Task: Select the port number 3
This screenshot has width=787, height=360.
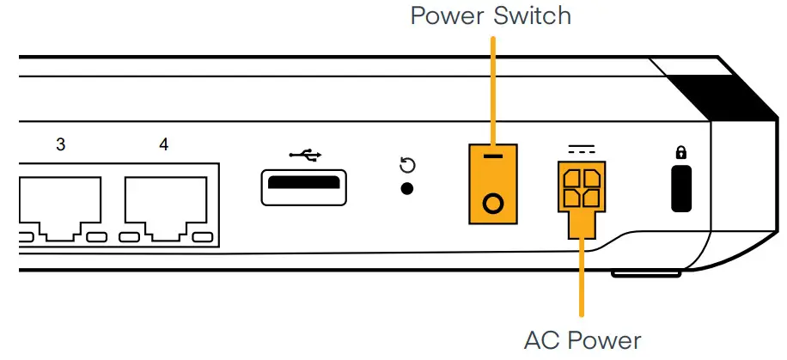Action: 60,144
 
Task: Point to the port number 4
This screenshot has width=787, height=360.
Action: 163,144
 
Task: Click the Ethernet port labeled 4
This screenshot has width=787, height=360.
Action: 165,206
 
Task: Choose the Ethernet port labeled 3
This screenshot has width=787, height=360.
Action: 60,206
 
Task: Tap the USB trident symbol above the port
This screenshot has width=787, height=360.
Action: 305,155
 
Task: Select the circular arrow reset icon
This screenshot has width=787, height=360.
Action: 408,165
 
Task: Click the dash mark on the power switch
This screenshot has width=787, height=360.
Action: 493,160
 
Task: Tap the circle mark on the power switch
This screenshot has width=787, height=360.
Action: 493,204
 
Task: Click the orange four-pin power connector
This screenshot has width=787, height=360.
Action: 582,190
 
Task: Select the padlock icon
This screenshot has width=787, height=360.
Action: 681,153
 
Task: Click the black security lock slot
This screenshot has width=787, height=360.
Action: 681,191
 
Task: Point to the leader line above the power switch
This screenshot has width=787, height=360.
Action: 492,86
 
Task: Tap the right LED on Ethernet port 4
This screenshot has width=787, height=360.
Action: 202,236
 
